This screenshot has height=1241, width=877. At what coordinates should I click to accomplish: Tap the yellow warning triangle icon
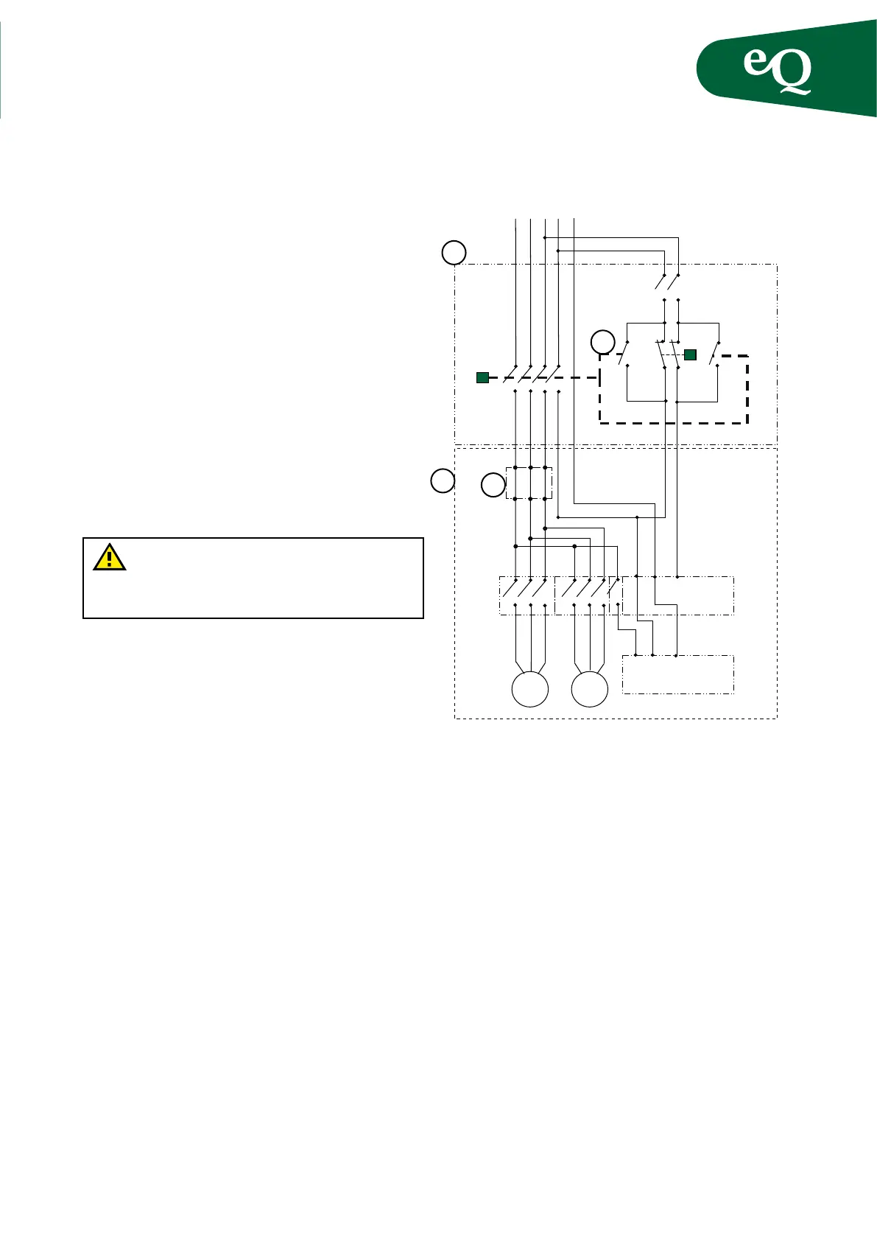(x=109, y=557)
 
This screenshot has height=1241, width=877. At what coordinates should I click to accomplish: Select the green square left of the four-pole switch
(x=482, y=378)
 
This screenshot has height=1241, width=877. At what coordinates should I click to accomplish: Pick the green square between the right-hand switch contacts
(x=690, y=354)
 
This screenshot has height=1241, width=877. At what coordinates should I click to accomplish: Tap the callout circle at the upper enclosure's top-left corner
(x=454, y=253)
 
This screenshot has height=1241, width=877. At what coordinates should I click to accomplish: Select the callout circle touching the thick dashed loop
(x=603, y=343)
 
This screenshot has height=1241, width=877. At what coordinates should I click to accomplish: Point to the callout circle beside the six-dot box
(x=493, y=486)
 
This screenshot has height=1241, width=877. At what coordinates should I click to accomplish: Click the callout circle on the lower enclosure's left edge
(x=443, y=480)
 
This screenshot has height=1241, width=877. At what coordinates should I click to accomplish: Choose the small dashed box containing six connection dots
(x=529, y=483)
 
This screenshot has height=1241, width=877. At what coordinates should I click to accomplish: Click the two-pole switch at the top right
(x=666, y=282)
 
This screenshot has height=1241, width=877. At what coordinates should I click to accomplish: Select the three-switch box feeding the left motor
(x=526, y=595)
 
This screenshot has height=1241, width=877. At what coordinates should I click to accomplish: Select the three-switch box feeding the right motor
(x=581, y=595)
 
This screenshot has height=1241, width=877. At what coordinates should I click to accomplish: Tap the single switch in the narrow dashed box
(x=615, y=595)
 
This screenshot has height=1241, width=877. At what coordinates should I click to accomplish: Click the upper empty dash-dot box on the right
(x=678, y=595)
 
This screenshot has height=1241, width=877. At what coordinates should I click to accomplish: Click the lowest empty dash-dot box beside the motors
(x=678, y=674)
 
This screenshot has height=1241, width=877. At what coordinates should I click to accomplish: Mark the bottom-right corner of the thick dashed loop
(x=748, y=423)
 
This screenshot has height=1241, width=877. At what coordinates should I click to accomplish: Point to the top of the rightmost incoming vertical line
(x=574, y=220)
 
